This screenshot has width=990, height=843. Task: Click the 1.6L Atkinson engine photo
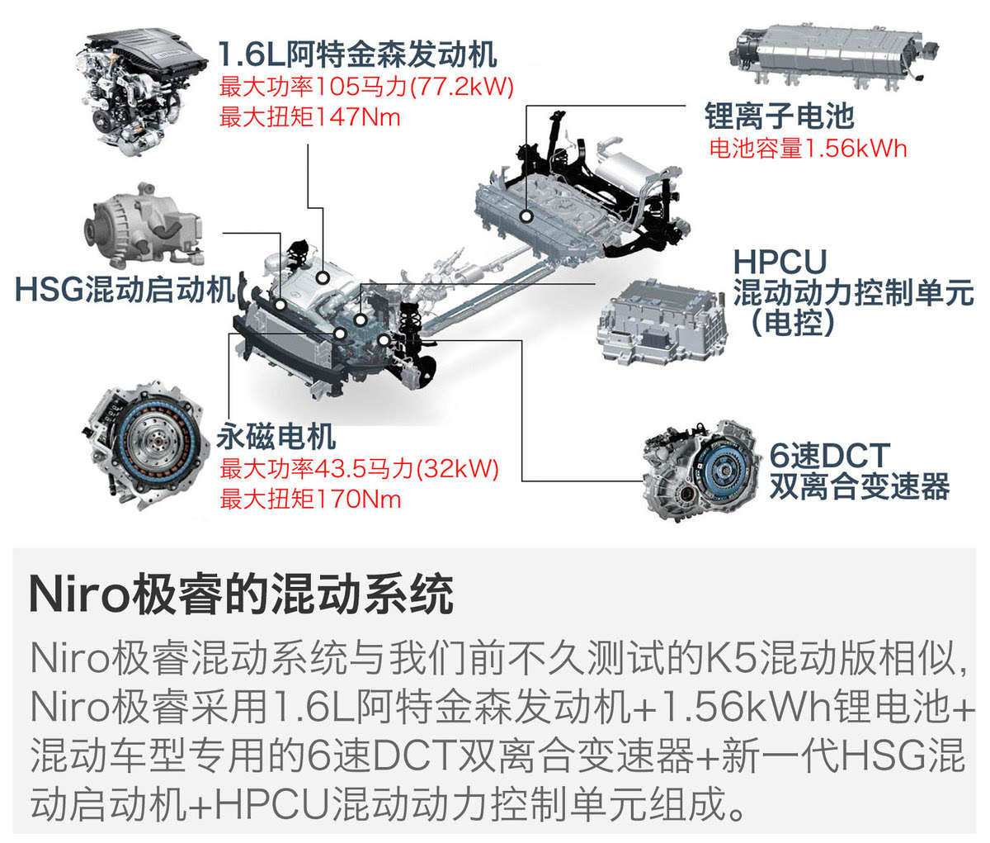[142, 91]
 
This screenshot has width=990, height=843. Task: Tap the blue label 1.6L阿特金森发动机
[357, 54]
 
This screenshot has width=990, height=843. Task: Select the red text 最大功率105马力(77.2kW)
[366, 87]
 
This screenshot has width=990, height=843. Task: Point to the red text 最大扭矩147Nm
[309, 116]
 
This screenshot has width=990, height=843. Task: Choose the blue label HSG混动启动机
[125, 289]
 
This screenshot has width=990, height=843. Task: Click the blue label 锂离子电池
[780, 116]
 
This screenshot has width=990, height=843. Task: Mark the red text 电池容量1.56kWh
[808, 148]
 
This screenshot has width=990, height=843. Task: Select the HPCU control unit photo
[662, 323]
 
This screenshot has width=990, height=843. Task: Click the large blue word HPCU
[780, 262]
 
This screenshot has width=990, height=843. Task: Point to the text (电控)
[794, 323]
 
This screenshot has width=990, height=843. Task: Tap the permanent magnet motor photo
[146, 446]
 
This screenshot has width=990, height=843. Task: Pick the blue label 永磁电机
[276, 437]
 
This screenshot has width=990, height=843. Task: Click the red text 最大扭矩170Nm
[310, 500]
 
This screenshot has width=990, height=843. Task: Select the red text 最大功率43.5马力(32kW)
[359, 468]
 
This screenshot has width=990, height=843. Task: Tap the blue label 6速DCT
[830, 455]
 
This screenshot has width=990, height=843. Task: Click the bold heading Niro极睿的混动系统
[241, 595]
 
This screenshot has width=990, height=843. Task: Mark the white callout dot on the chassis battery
[527, 216]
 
